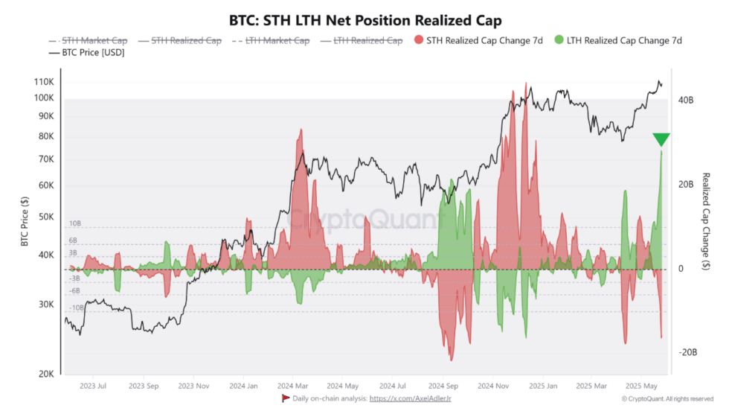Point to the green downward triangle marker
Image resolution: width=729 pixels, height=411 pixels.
[x=661, y=139]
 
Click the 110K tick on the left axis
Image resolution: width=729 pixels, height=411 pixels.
[x=43, y=82]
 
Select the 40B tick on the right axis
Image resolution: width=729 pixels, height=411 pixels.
[x=686, y=100]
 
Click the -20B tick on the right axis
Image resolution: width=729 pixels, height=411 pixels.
[x=685, y=353]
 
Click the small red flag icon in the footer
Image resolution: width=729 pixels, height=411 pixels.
[x=285, y=399]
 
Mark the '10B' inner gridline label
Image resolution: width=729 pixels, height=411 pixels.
[x=74, y=223]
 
